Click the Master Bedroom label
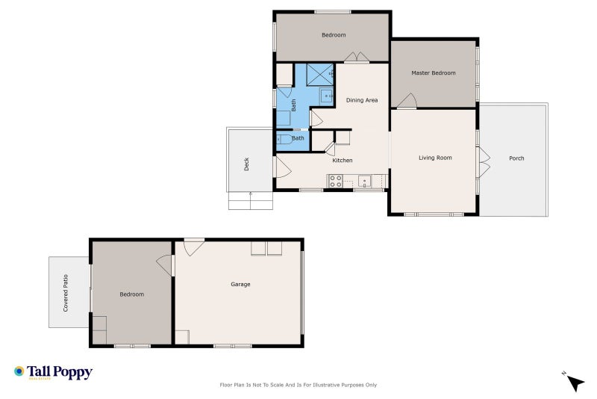coord(434,72)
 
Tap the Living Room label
coord(435,158)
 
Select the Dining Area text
coord(362,100)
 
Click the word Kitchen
coord(343,161)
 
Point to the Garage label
coord(240,284)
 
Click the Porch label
coord(516,158)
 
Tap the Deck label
coord(246,164)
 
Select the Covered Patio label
coord(66,293)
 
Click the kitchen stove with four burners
coord(336,181)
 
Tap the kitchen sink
coord(364,181)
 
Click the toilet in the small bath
coord(284,139)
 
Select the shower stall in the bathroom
coord(320,75)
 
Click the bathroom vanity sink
coord(326,96)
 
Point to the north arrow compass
coord(575,383)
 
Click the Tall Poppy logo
coord(53,372)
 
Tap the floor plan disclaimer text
coord(298,385)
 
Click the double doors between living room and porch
coord(484,162)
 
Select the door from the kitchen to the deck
coord(283,167)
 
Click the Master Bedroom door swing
coord(407,101)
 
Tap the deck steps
coord(251,201)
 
